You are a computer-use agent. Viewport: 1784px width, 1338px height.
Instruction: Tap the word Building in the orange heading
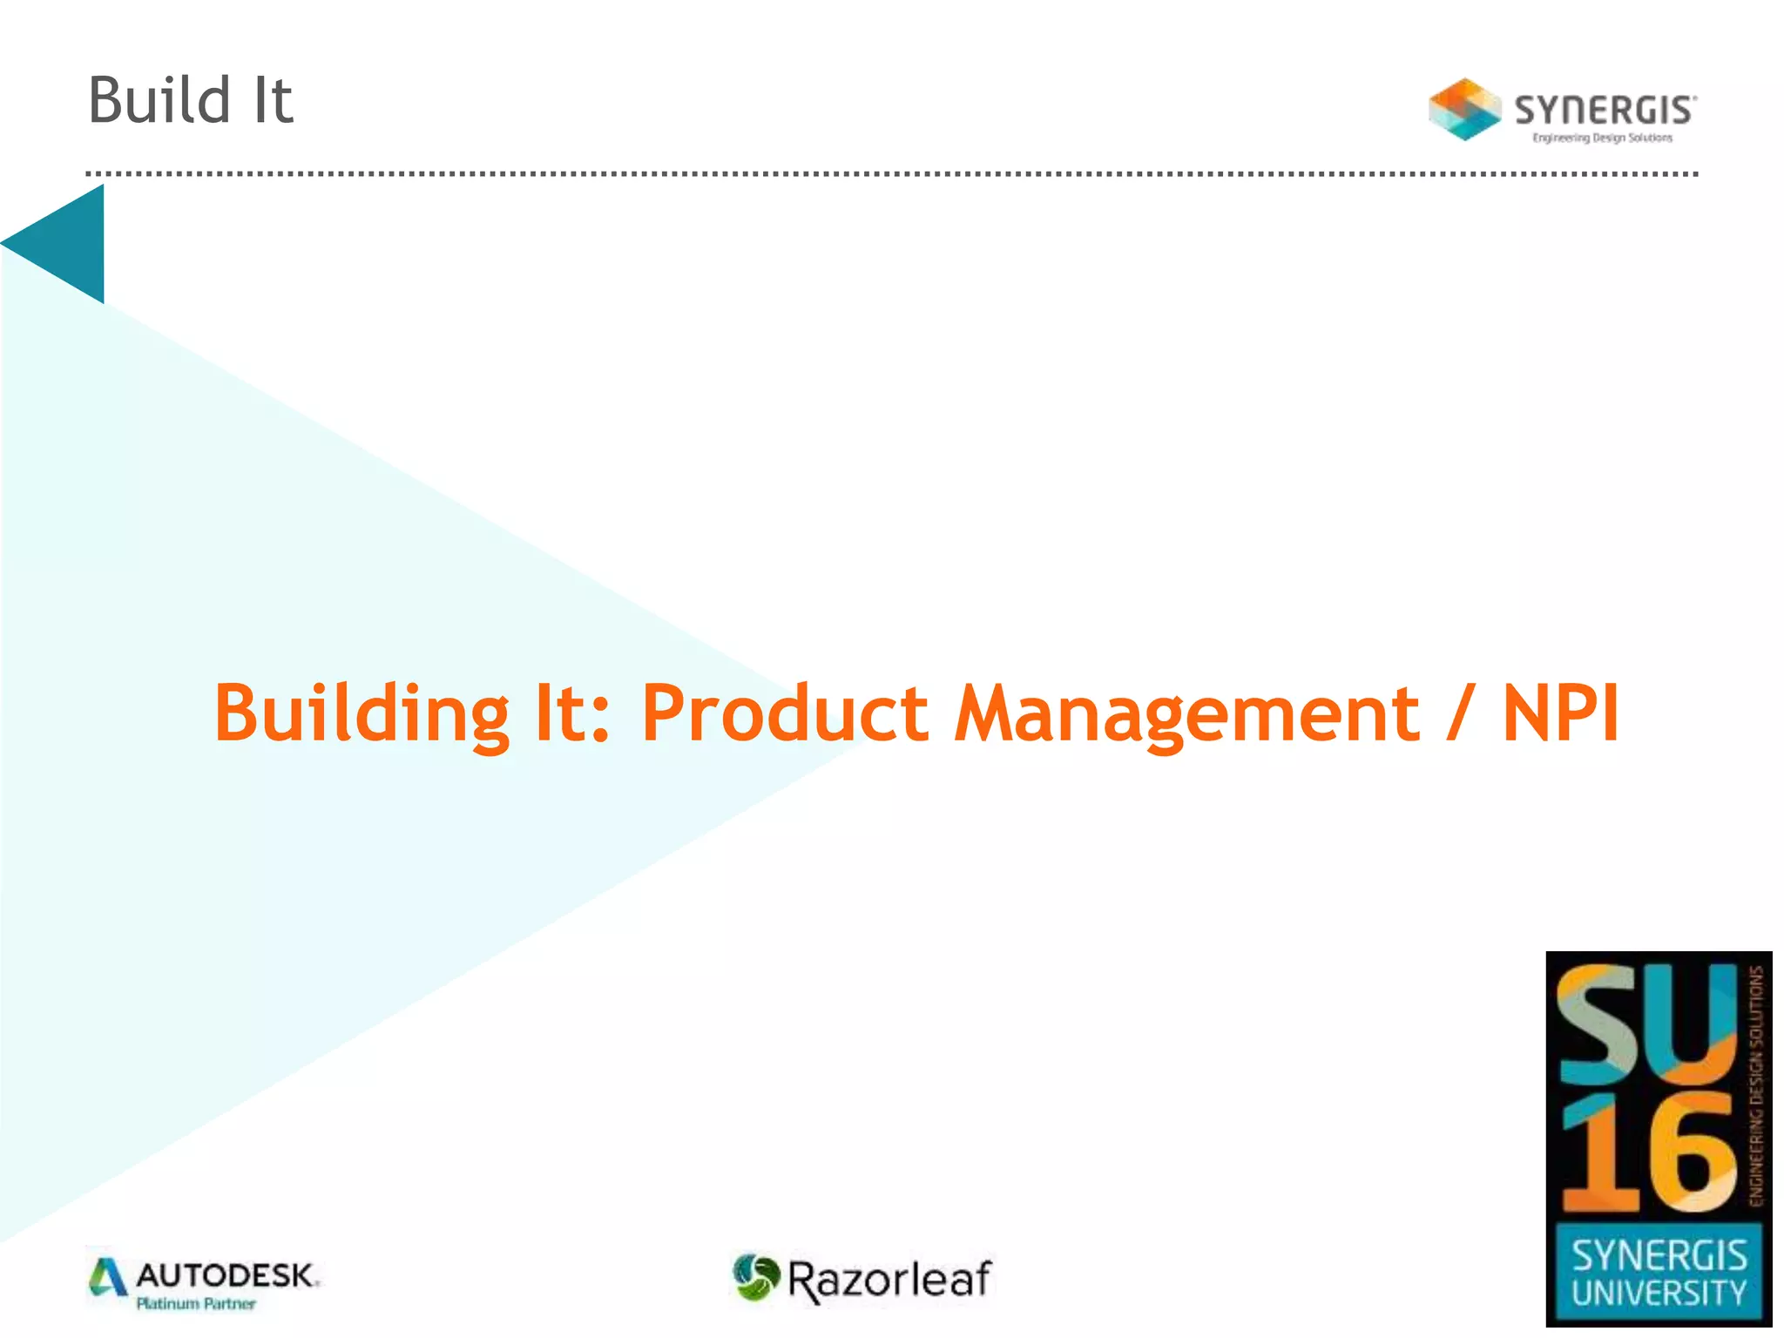(362, 713)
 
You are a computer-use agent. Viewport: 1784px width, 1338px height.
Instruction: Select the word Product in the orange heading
(785, 713)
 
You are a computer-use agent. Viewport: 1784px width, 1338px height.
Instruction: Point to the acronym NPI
(1560, 713)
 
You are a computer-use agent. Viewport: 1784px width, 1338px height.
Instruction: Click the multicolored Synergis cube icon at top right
(1464, 110)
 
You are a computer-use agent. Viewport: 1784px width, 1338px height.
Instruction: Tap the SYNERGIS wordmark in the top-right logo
(1605, 110)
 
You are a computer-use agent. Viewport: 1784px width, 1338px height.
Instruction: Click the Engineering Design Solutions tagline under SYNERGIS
(1602, 138)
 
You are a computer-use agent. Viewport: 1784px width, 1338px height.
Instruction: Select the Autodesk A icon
(108, 1277)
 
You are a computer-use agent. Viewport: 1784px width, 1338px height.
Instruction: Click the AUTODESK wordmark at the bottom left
(226, 1276)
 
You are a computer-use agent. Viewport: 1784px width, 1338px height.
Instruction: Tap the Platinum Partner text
(196, 1304)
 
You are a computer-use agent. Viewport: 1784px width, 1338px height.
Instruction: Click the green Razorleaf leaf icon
(755, 1277)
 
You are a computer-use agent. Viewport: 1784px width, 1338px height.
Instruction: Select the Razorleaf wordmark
(889, 1280)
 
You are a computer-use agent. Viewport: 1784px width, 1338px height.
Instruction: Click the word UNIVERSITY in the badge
(1659, 1293)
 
